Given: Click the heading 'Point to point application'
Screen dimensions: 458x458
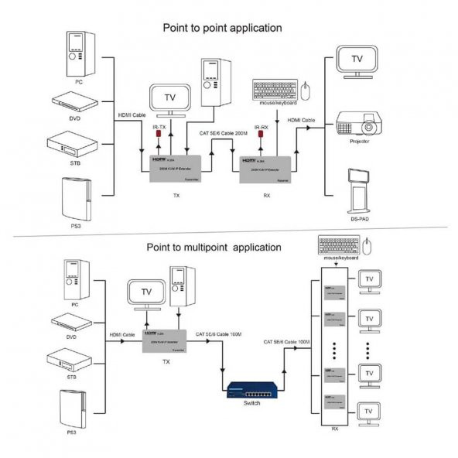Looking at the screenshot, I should click(x=221, y=28).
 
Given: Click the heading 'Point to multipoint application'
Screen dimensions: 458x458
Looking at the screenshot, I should click(x=214, y=248).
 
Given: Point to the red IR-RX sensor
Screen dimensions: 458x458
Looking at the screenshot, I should click(x=263, y=138).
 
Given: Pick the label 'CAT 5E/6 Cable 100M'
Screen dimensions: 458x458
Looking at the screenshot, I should click(x=287, y=340).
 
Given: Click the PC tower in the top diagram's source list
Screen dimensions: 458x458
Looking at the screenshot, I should click(x=76, y=52).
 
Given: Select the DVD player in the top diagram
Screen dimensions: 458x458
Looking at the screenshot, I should click(x=75, y=101).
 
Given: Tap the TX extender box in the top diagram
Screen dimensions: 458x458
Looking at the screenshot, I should click(x=176, y=167).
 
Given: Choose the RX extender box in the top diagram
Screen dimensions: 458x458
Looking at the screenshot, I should click(x=266, y=167).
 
